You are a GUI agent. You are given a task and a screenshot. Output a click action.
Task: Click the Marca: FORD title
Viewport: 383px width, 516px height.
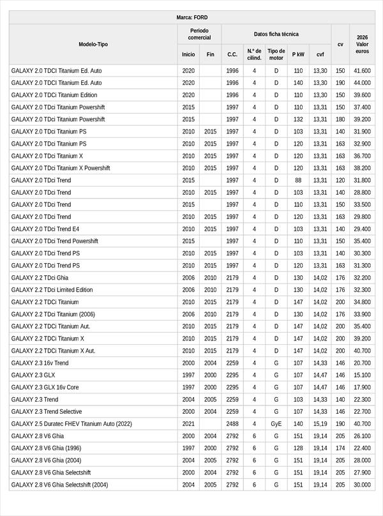tap(191, 17)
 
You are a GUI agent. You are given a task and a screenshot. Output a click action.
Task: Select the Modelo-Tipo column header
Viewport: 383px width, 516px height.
tap(93, 44)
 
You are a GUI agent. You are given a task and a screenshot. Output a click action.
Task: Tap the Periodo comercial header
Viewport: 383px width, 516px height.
tap(199, 34)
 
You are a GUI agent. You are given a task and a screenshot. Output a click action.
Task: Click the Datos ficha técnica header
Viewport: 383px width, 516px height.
tap(276, 34)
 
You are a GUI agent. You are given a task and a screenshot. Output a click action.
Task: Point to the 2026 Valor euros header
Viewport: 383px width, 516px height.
tap(362, 44)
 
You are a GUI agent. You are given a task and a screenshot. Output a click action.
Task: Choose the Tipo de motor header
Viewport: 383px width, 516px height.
tap(276, 54)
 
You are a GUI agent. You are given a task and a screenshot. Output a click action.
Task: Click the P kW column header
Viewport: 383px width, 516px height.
tap(298, 54)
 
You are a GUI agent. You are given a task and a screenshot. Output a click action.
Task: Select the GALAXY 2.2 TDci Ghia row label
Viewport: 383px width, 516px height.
tap(40, 278)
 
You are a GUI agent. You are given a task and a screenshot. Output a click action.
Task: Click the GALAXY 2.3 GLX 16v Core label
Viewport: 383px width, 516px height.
tap(45, 387)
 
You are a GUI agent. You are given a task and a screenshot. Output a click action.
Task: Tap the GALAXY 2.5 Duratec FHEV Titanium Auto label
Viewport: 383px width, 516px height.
tap(71, 423)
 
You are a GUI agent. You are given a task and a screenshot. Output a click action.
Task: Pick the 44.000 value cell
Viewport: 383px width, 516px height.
tap(362, 83)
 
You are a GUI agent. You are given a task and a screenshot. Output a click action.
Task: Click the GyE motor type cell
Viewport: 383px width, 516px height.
tap(276, 423)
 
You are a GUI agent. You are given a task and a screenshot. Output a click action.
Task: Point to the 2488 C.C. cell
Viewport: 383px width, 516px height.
tap(232, 423)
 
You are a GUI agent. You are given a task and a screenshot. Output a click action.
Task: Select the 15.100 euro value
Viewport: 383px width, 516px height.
tap(362, 375)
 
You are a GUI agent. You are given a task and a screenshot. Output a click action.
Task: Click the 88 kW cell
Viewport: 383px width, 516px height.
tap(298, 180)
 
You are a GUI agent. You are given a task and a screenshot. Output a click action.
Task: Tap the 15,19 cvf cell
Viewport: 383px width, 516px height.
tap(320, 423)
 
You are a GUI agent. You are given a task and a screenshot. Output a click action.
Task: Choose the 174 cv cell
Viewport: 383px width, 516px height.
tap(340, 448)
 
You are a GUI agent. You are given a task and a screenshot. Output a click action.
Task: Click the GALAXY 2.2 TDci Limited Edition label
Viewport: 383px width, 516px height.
tap(52, 290)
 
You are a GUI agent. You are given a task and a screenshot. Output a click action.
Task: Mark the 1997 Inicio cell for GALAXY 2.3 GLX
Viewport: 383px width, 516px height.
tap(188, 375)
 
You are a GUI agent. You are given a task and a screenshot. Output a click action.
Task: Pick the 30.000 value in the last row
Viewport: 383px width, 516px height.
tap(362, 484)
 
